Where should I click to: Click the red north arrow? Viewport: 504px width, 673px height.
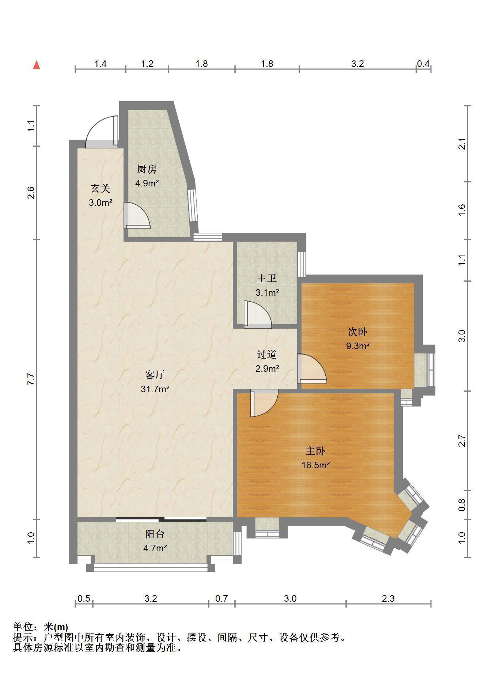click(37, 65)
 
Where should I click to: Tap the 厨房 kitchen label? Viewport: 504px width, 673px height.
click(147, 169)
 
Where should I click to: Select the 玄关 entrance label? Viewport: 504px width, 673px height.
click(101, 189)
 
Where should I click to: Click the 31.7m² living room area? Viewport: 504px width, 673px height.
click(155, 389)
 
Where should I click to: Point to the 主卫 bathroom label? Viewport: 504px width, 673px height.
click(267, 279)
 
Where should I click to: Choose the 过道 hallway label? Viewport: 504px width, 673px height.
click(267, 354)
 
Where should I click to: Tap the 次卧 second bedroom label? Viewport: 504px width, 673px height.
click(357, 332)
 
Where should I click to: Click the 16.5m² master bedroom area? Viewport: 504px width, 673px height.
click(316, 465)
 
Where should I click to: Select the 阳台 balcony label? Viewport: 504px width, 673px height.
click(155, 534)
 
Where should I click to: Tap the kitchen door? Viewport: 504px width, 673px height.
click(137, 216)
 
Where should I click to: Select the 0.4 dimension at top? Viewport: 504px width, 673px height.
click(423, 64)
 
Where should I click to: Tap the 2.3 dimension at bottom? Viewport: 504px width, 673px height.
click(388, 598)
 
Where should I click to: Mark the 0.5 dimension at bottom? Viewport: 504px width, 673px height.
click(84, 598)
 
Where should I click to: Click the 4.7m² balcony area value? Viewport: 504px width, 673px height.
click(155, 548)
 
